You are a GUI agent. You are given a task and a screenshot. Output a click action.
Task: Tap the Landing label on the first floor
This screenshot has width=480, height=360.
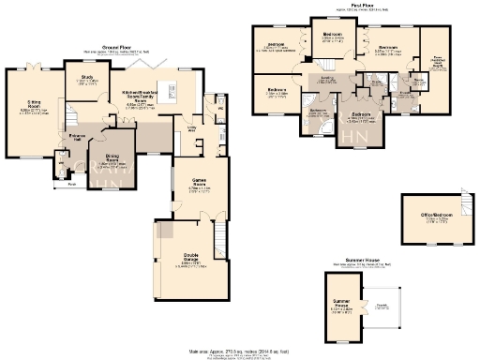coord(328,91)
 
